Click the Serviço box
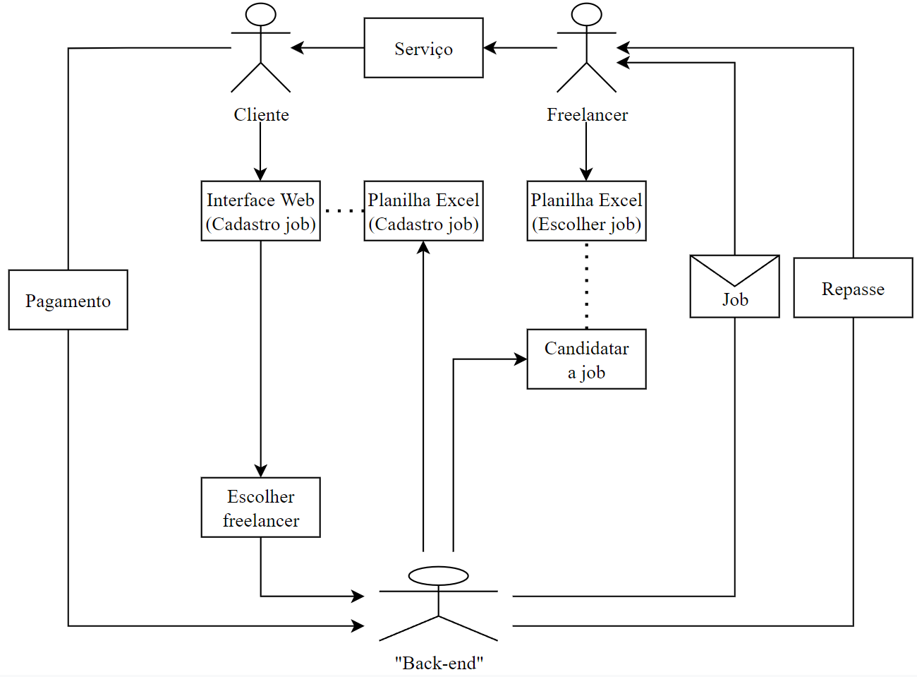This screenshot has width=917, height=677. pyautogui.click(x=423, y=48)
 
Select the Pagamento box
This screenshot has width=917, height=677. pyautogui.click(x=68, y=300)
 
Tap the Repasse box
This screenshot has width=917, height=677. pyautogui.click(x=853, y=288)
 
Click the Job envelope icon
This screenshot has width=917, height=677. pyautogui.click(x=734, y=287)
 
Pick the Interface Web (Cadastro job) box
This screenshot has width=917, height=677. pyautogui.click(x=260, y=211)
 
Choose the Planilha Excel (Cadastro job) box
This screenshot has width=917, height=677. pyautogui.click(x=423, y=211)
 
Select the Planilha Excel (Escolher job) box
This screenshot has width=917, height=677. pyautogui.click(x=586, y=211)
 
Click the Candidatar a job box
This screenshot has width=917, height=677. pyautogui.click(x=586, y=359)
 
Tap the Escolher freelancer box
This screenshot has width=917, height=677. pyautogui.click(x=260, y=508)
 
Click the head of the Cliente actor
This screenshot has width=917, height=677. pyautogui.click(x=261, y=15)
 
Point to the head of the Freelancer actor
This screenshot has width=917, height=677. pyautogui.click(x=586, y=15)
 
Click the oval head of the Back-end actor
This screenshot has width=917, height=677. pyautogui.click(x=438, y=576)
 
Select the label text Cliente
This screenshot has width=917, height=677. pyautogui.click(x=261, y=114)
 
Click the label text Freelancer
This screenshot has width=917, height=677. pyautogui.click(x=587, y=114)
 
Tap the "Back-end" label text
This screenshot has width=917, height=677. pyautogui.click(x=439, y=663)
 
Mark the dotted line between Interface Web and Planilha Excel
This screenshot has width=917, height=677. pyautogui.click(x=343, y=210)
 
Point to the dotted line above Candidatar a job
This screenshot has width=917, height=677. pyautogui.click(x=586, y=285)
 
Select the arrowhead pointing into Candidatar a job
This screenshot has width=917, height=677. pyautogui.click(x=521, y=359)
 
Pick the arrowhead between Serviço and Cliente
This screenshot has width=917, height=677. pyautogui.click(x=298, y=48)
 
